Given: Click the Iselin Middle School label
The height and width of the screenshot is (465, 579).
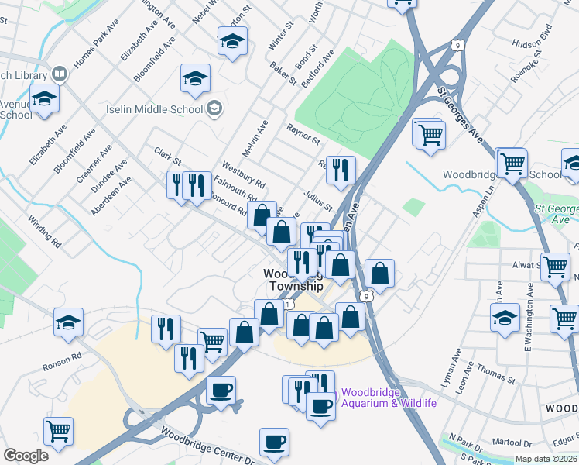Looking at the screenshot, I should (x=155, y=109).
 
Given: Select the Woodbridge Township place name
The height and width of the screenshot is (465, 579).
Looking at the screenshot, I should (x=291, y=280).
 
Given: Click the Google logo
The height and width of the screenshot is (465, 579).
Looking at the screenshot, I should (x=26, y=456).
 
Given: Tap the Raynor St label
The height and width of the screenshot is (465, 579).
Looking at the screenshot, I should (x=303, y=134).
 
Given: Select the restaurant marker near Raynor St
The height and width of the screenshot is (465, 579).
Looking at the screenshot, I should (x=341, y=168).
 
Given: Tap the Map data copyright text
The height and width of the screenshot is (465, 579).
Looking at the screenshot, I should (x=546, y=459).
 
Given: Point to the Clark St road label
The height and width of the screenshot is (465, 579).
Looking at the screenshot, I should (x=167, y=157).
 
